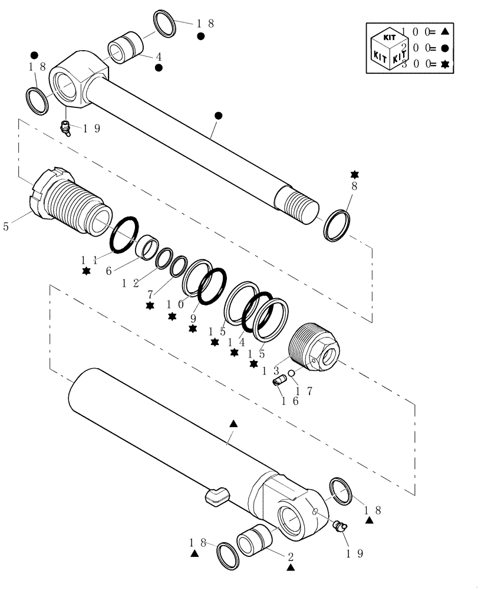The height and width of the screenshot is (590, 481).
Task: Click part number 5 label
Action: click(x=6, y=226)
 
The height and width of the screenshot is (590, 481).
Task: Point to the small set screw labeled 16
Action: click(x=281, y=381)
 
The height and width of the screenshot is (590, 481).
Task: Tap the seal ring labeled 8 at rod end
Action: click(x=338, y=224)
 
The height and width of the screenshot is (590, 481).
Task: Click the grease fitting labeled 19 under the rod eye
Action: click(x=66, y=127)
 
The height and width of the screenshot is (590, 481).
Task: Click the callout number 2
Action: click(x=290, y=556)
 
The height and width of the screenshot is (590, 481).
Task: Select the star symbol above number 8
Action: click(x=354, y=175)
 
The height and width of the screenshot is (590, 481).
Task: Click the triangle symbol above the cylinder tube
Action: click(x=233, y=424)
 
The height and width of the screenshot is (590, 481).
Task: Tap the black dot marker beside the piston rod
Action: click(x=218, y=116)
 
